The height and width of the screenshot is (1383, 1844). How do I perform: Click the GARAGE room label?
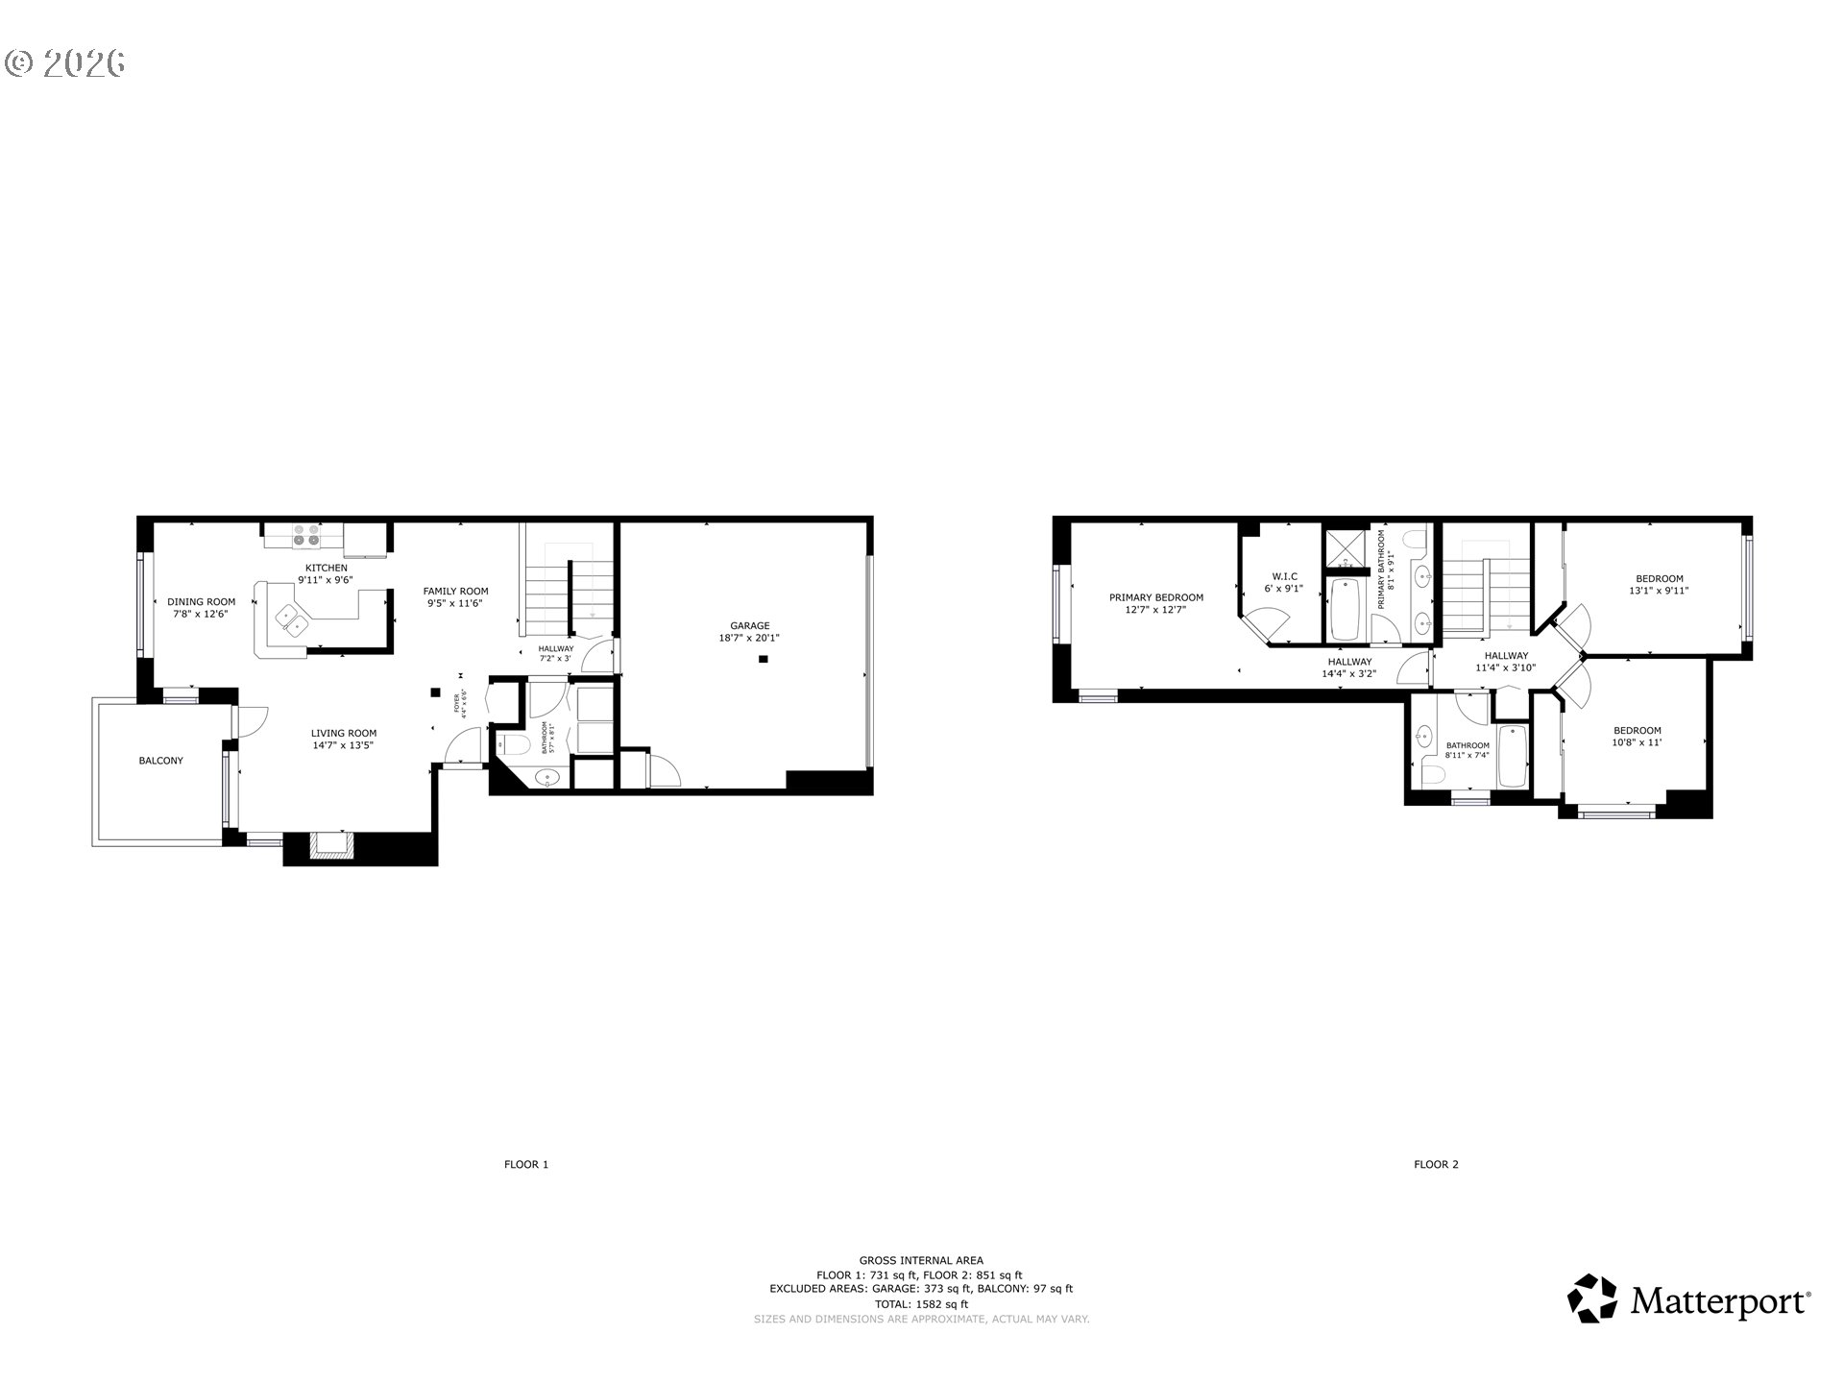749,626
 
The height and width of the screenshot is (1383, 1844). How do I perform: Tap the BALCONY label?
160,761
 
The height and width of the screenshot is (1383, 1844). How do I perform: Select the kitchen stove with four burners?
306,535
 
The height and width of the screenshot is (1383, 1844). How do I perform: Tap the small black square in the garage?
764,659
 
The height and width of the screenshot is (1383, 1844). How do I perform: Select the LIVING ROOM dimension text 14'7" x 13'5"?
344,744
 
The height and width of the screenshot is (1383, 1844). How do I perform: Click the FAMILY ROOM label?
456,592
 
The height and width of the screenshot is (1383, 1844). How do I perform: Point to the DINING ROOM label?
202,602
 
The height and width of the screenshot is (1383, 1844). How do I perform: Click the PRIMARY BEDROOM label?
1156,597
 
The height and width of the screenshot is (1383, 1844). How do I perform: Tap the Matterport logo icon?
1592,1298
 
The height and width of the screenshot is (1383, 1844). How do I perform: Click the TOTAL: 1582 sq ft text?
921,1304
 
